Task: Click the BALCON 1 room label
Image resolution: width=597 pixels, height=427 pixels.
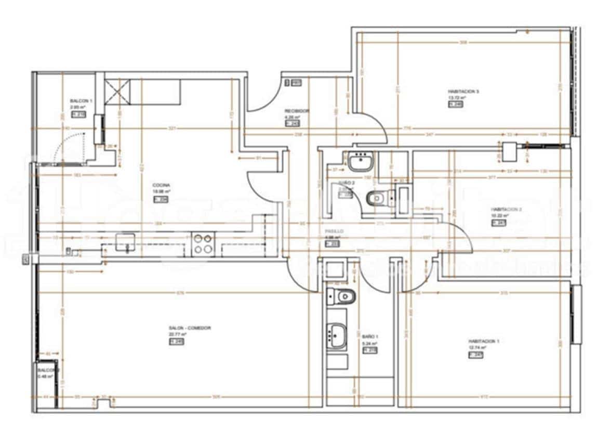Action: pyautogui.click(x=81, y=101)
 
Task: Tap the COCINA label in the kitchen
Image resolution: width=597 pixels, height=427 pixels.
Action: pyautogui.click(x=161, y=185)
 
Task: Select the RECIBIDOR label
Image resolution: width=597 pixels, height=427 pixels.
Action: pyautogui.click(x=297, y=111)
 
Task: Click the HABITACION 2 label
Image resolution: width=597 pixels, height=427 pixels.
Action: pyautogui.click(x=506, y=210)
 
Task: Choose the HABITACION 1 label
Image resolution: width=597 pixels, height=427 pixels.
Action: pyautogui.click(x=483, y=342)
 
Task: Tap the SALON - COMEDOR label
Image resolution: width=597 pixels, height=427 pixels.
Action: pyautogui.click(x=190, y=328)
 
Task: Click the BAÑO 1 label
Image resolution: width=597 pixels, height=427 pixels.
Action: pyautogui.click(x=370, y=337)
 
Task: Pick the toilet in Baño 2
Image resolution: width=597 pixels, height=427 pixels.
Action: pyautogui.click(x=376, y=198)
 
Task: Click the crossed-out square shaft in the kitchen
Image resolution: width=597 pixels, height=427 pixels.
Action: pyautogui.click(x=117, y=92)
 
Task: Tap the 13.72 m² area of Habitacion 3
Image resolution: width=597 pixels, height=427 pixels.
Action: pyautogui.click(x=457, y=98)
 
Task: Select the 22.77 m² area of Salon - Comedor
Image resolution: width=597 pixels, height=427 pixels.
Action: pyautogui.click(x=178, y=334)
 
